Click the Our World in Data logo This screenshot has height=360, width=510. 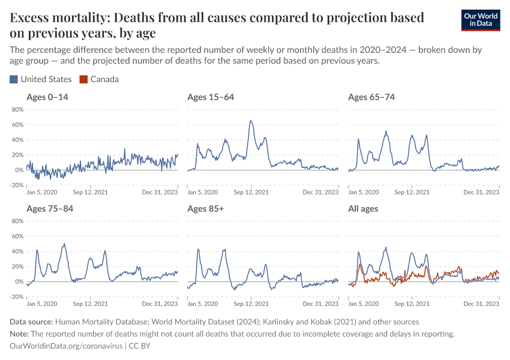[481, 20]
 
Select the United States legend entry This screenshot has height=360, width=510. [41, 79]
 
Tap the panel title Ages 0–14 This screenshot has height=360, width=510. [47, 97]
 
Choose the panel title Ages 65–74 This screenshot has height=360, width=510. [371, 97]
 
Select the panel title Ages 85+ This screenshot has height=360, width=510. [206, 209]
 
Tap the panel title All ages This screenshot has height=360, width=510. [363, 209]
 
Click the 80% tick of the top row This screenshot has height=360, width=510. [17, 110]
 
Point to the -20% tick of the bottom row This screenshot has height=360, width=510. [16, 296]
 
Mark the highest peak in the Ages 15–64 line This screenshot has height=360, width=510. [251, 121]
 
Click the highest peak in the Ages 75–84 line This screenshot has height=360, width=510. [64, 244]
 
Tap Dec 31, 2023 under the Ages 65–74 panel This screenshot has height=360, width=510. [482, 193]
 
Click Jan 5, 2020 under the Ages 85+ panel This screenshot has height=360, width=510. [203, 304]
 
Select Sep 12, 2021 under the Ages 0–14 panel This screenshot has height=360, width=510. [91, 193]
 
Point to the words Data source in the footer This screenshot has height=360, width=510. [31, 322]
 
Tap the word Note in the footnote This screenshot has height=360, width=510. [19, 334]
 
